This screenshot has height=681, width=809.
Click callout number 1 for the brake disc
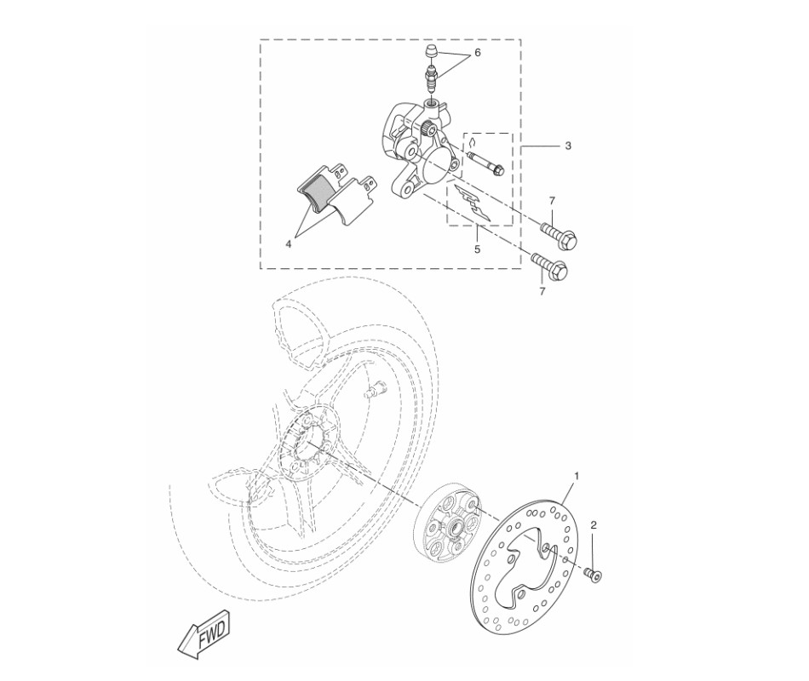(577, 476)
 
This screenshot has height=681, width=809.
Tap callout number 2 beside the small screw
(594, 525)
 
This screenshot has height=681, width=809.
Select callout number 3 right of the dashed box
(568, 146)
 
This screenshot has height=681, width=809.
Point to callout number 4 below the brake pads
(289, 244)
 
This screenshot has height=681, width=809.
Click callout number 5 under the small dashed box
(477, 249)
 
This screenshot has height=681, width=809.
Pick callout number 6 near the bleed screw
(477, 53)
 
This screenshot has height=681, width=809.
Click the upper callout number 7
(552, 200)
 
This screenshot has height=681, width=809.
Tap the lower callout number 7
(542, 292)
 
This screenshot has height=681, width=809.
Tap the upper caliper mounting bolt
(559, 234)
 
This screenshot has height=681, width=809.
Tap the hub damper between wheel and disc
(450, 526)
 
